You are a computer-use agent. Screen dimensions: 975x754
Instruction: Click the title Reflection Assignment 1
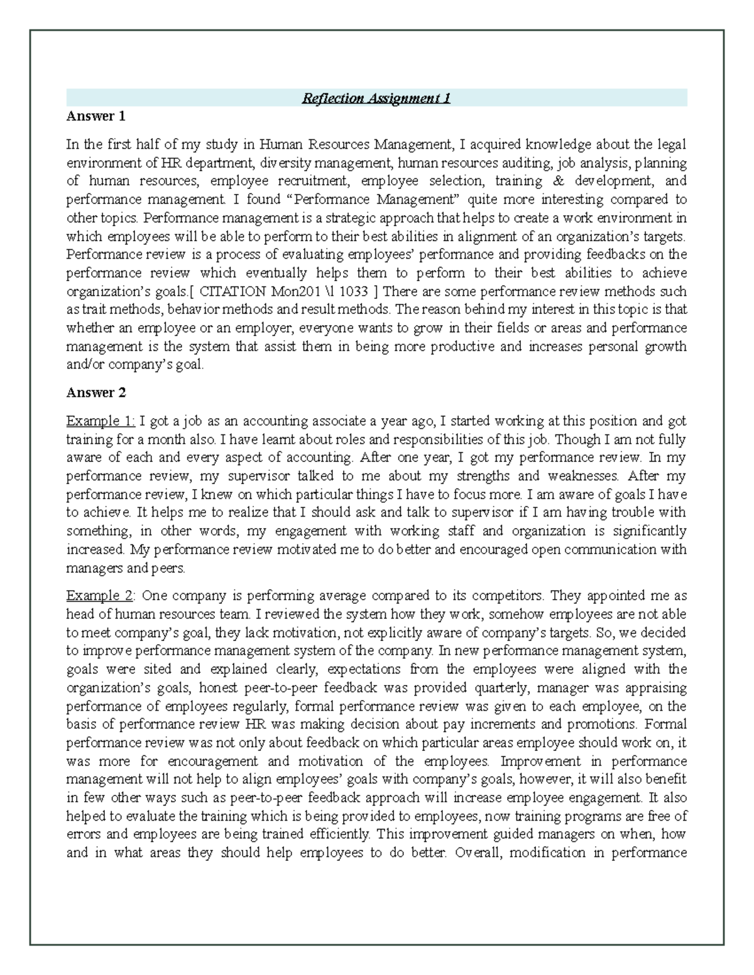coord(376,98)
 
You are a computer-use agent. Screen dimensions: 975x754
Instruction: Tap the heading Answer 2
coord(96,393)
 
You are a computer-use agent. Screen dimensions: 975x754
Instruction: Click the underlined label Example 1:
coord(101,421)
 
